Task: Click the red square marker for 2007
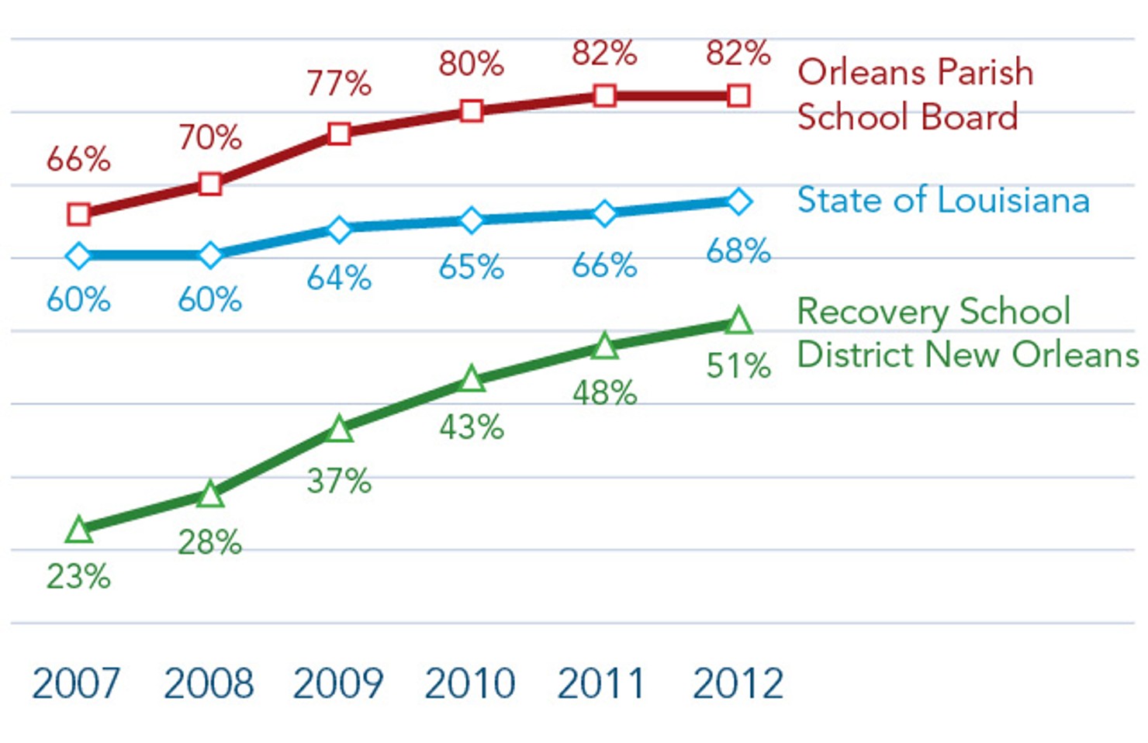click(78, 214)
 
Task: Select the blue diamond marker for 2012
click(738, 202)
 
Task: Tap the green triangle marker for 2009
click(339, 430)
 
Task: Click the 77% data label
click(339, 83)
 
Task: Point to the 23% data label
click(78, 577)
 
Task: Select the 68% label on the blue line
click(738, 251)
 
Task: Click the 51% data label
click(738, 366)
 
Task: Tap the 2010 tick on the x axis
click(470, 683)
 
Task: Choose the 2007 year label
click(76, 683)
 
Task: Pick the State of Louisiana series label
click(943, 200)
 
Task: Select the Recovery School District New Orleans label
click(966, 333)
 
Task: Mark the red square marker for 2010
click(471, 111)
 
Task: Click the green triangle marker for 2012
click(738, 321)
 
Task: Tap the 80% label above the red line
click(471, 64)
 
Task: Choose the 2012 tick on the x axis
click(738, 683)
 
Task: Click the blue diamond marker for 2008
click(210, 255)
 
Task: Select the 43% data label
click(471, 427)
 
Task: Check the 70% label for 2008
click(210, 137)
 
